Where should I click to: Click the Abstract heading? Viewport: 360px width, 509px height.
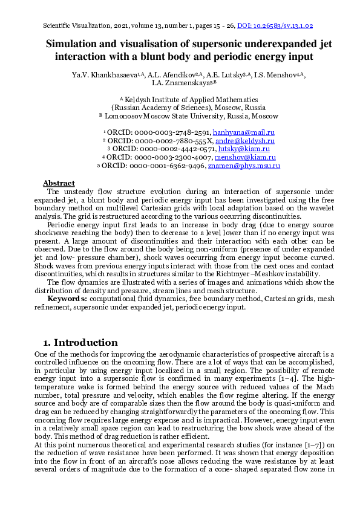click(59, 183)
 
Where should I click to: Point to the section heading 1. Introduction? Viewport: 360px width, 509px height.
click(80, 343)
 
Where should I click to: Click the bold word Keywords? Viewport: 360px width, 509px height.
click(67, 299)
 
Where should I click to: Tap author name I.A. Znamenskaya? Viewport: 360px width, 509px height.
click(180, 83)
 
